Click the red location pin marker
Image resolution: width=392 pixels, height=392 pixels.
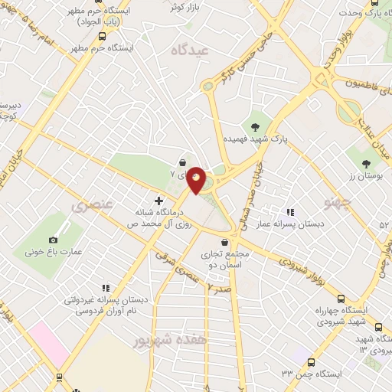click(x=197, y=180)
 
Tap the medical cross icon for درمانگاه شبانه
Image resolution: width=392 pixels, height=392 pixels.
click(x=158, y=201)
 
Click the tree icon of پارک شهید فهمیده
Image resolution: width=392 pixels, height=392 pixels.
click(x=254, y=126)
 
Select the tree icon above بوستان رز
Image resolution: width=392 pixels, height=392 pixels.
click(x=365, y=162)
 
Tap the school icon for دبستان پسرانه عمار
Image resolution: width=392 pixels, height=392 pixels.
click(x=289, y=212)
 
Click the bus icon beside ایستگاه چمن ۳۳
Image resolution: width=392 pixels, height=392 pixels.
click(x=311, y=361)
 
